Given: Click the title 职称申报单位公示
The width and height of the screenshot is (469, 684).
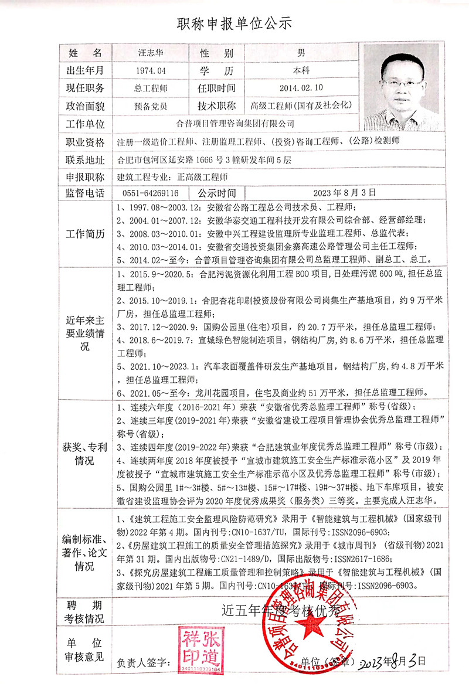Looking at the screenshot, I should tap(235, 24).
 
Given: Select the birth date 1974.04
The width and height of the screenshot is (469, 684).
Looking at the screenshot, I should tap(151, 71).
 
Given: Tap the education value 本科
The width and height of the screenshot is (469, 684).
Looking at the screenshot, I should tap(300, 71).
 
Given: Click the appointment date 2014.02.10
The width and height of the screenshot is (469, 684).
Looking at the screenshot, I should tap(300, 89).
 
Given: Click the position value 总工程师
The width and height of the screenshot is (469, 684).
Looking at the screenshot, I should tap(151, 89).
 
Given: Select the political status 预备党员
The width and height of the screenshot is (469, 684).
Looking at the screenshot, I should tap(151, 106).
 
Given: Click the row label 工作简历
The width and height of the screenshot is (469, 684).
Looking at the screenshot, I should tap(85, 234).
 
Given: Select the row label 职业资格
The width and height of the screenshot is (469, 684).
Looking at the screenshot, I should tap(85, 142).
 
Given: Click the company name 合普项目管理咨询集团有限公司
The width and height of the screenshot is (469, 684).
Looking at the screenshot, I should tap(235, 124).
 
